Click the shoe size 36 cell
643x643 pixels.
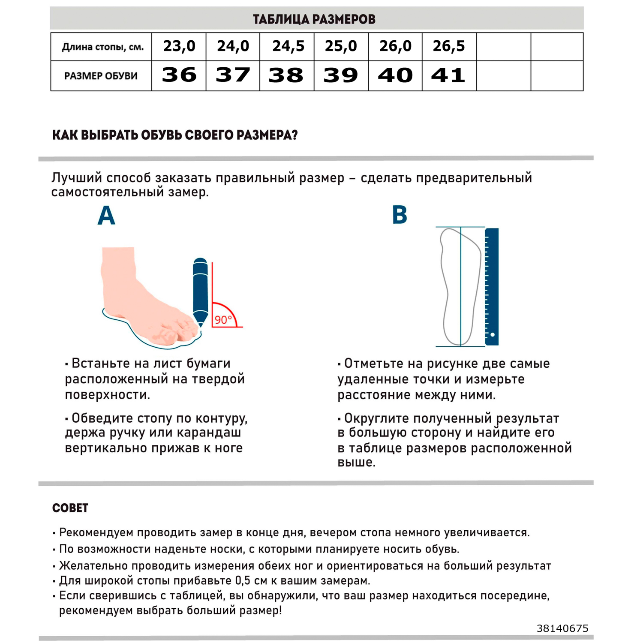179,75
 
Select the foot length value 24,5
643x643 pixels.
288,46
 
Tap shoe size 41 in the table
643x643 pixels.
448,75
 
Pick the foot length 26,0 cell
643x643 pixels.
395,46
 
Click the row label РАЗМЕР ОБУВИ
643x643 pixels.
101,76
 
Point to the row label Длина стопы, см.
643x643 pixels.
102,47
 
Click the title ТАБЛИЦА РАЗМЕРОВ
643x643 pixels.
314,19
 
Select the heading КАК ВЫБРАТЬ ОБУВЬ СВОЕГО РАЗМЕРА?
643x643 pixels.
175,135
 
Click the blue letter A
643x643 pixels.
106,215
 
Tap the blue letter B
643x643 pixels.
400,215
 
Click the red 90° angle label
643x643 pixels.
223,320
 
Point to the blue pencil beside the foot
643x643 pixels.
200,291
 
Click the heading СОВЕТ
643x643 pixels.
70,508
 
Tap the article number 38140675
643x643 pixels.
562,628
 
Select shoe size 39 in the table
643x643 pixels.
341,75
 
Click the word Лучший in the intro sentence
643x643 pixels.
77,178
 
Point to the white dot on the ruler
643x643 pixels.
493,334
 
